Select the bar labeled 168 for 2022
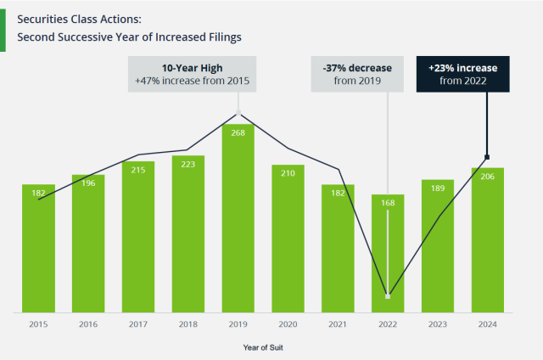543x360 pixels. click(388, 255)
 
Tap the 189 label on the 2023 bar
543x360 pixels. click(438, 188)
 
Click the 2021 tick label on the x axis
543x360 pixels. click(338, 324)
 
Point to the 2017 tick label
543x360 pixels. click(137, 324)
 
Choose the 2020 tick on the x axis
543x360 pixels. click(288, 324)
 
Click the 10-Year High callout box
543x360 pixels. click(192, 74)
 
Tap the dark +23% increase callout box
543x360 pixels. click(462, 74)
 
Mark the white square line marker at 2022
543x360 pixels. click(388, 295)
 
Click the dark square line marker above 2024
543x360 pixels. click(488, 157)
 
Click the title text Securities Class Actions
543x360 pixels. click(79, 17)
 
